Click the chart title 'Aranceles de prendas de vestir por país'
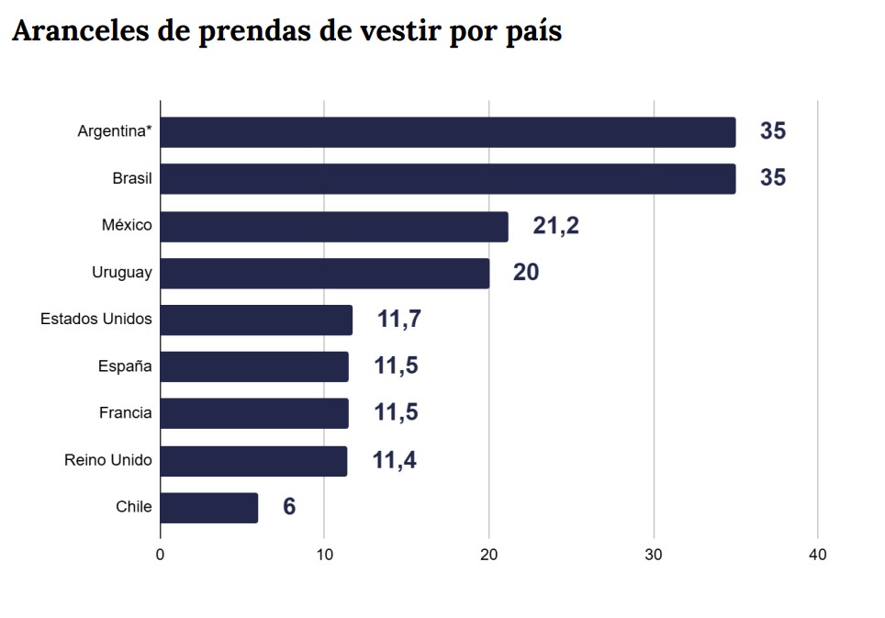click(286, 31)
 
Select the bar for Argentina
click(448, 132)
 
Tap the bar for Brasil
click(448, 178)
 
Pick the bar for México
click(334, 226)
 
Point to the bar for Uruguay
click(325, 273)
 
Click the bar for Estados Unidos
click(256, 320)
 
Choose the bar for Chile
click(209, 508)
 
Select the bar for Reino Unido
click(254, 461)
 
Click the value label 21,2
click(555, 226)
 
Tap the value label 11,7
click(398, 320)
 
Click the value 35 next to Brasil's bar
click(773, 178)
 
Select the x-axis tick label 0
click(161, 556)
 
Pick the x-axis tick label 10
click(324, 556)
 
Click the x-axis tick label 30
click(654, 556)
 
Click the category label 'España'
click(125, 366)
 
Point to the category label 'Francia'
click(125, 413)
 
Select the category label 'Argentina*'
click(115, 132)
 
